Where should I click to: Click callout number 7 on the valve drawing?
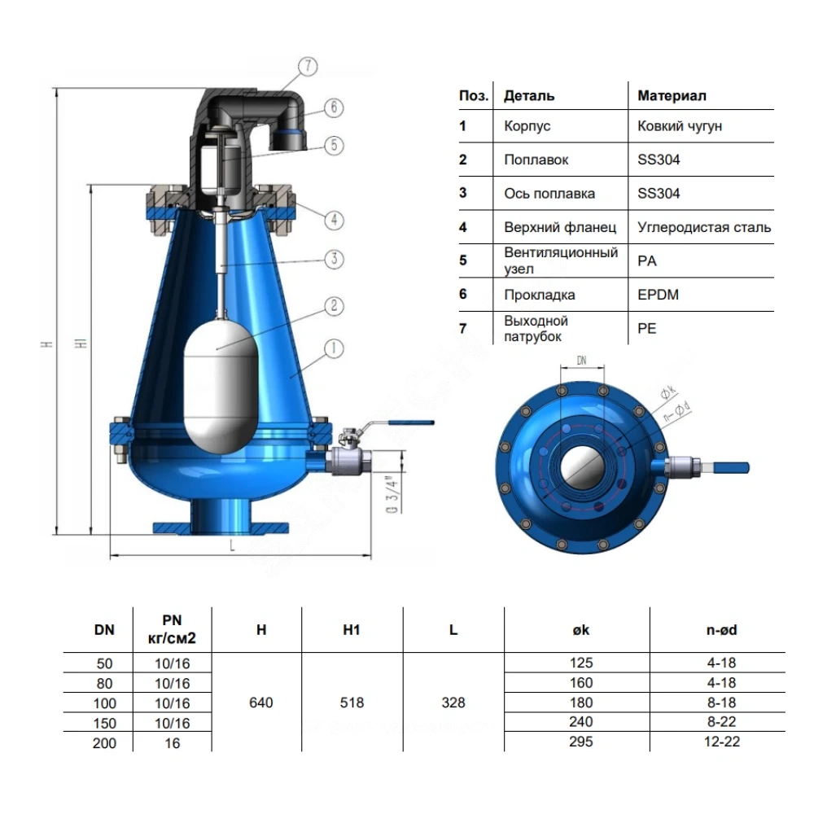(308, 67)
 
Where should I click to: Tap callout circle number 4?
(334, 220)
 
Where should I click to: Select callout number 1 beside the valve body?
(334, 348)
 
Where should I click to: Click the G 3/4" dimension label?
(393, 494)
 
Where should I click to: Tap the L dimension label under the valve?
(232, 545)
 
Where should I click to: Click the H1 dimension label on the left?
(82, 344)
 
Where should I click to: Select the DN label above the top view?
(581, 360)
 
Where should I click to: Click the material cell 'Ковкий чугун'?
(680, 126)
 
